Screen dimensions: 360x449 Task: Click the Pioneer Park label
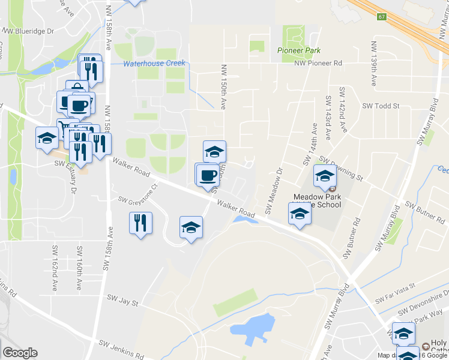click(299, 51)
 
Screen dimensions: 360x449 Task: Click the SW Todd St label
click(381, 106)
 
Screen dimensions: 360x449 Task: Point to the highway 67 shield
click(381, 16)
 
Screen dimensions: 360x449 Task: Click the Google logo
click(20, 353)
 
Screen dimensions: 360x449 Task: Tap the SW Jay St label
click(122, 298)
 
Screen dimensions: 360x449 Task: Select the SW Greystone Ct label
click(137, 194)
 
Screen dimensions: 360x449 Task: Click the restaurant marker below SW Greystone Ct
click(141, 223)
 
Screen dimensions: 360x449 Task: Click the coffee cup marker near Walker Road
click(208, 175)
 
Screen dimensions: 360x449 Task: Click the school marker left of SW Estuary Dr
click(47, 139)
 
